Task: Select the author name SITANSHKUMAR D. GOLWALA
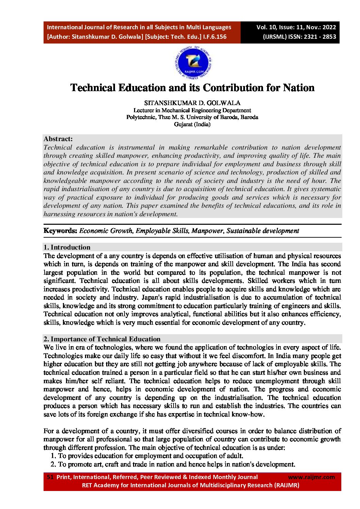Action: pos(192,103)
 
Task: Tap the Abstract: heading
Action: pos(58,139)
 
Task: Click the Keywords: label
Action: pos(60,231)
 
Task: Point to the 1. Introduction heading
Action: pos(67,247)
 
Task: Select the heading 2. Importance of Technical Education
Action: pos(102,339)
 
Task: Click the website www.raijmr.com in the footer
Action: pos(311,477)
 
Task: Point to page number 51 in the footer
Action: pos(50,477)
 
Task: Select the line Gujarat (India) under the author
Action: pos(192,124)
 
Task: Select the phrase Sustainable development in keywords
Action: pos(263,231)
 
